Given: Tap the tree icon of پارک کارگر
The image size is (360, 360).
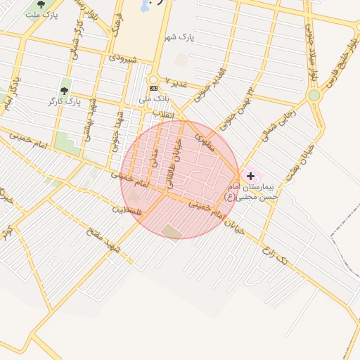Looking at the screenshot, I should click(x=65, y=90).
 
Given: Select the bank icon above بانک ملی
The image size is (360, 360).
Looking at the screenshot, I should click(x=154, y=88).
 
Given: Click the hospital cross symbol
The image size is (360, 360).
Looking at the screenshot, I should click(x=250, y=174).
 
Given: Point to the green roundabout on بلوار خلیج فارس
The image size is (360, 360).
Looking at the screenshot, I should click(x=314, y=95).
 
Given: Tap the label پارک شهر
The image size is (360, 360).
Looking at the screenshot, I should click(x=180, y=36).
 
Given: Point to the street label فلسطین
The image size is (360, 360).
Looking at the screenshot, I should click(x=128, y=210).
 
